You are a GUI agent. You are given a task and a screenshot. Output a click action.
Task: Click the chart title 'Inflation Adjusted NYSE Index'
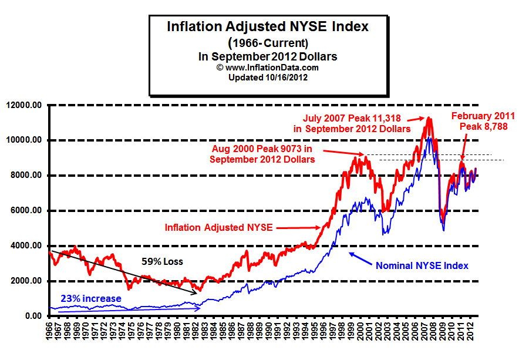[268, 26]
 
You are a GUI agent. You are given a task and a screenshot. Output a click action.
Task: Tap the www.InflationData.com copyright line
[268, 68]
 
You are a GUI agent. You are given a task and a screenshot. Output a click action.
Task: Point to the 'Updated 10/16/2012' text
[268, 77]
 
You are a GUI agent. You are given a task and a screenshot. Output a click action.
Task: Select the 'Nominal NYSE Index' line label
[422, 265]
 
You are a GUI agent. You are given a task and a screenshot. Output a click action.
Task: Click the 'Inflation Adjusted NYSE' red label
[218, 227]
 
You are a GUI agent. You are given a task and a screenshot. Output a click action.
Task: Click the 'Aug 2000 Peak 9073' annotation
[263, 154]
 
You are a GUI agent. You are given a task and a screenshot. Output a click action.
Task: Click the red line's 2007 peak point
[429, 118]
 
